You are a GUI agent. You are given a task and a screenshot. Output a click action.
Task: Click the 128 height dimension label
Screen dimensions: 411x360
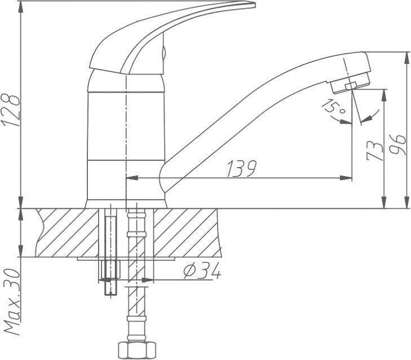[11, 109]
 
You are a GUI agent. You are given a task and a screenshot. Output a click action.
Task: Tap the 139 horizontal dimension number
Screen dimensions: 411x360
[241, 169]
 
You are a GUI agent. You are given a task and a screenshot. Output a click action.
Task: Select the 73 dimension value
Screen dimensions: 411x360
[374, 151]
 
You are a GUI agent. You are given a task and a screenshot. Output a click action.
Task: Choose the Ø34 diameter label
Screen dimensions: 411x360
[202, 271]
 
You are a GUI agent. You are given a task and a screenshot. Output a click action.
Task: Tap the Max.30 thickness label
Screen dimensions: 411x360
[12, 302]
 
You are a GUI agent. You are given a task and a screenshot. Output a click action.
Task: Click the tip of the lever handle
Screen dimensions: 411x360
[255, 4]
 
